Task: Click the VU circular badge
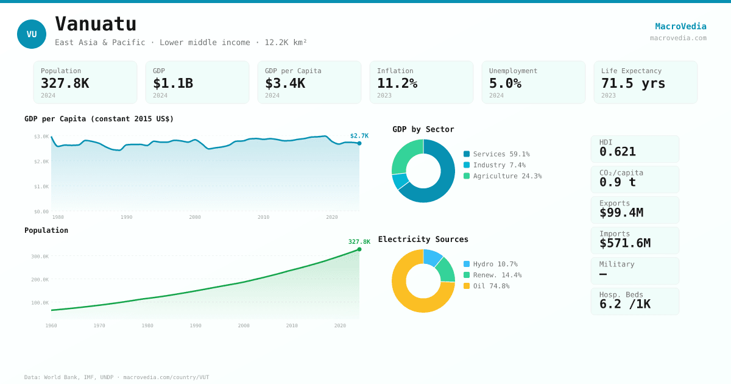32,34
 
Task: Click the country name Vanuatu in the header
96,24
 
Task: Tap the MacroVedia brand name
680,26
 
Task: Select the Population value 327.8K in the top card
65,84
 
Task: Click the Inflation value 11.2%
397,84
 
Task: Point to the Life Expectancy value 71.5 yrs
633,84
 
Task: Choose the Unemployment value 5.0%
505,84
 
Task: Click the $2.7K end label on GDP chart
359,136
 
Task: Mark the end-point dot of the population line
359,249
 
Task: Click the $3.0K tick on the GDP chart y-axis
41,137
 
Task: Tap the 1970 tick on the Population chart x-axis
99,325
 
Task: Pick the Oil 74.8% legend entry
491,286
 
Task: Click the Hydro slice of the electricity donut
432,258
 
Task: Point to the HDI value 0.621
617,152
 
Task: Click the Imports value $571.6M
624,243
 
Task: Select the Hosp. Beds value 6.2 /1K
624,304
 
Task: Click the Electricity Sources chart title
423,240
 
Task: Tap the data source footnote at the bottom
116,377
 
